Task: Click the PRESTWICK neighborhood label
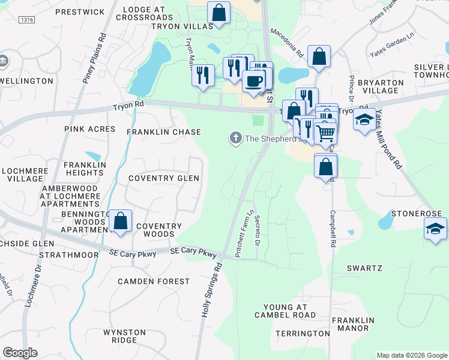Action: [79, 11]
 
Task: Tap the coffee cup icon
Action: [253, 80]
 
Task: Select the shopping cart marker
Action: [325, 133]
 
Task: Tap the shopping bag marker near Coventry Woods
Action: [121, 220]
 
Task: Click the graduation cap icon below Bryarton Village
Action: [364, 119]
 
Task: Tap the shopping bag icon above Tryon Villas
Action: [219, 12]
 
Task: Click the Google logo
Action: [20, 353]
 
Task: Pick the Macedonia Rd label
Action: [286, 41]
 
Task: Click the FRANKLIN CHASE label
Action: [163, 131]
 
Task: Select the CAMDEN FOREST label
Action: [153, 281]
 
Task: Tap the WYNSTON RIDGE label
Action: [124, 336]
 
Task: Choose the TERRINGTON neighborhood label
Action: [303, 333]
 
